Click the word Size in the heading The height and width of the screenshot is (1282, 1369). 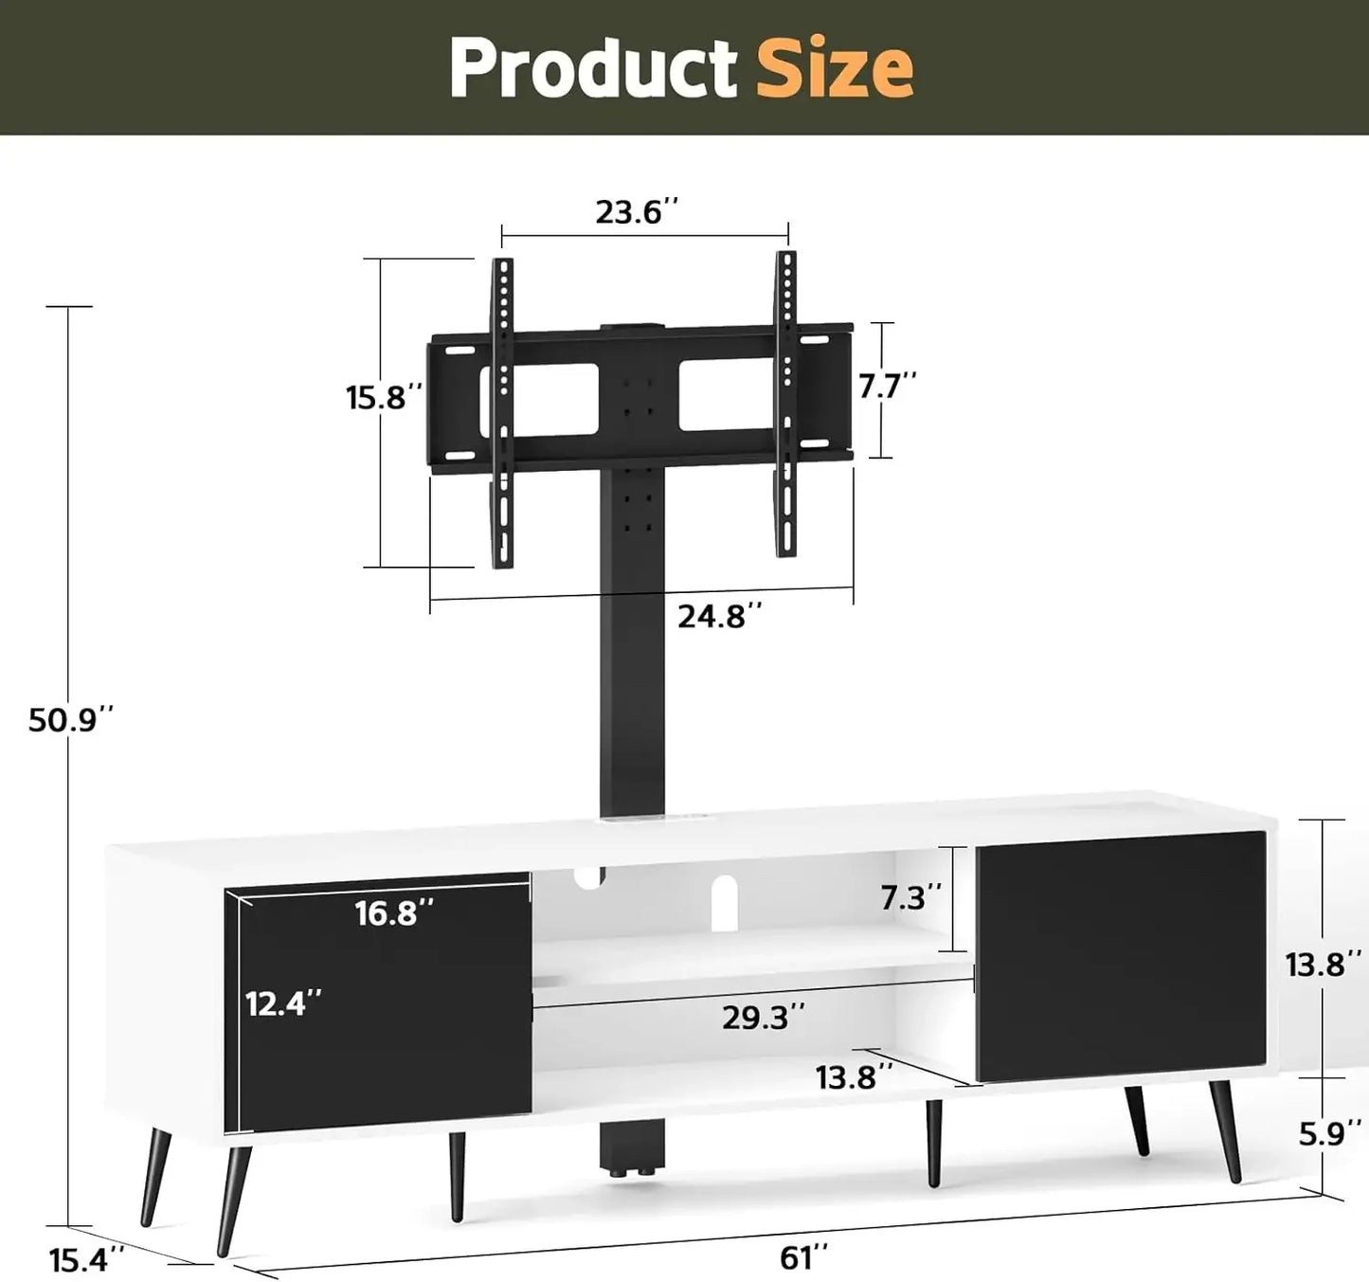pos(834,68)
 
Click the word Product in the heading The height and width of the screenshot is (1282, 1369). pos(593,68)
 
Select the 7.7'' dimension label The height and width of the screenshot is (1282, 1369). pos(888,386)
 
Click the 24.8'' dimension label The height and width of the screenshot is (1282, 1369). pos(719,617)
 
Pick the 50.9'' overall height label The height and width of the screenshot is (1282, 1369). pos(70,720)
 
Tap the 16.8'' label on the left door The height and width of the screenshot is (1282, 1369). pos(394,913)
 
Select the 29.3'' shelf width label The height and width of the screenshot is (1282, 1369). pos(764,1018)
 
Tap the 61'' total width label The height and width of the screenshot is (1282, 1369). pos(803,1258)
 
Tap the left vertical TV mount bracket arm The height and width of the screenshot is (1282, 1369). pos(503,413)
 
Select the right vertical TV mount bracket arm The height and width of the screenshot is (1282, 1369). pos(785,404)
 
